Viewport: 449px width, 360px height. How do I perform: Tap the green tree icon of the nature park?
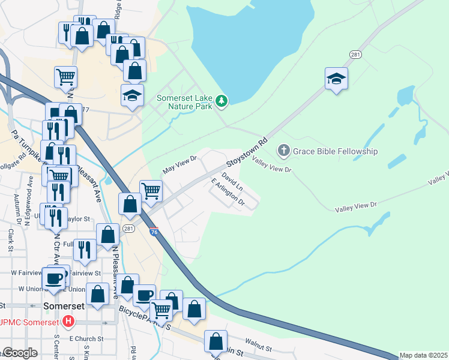222,100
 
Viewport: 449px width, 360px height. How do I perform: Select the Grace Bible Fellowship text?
336,151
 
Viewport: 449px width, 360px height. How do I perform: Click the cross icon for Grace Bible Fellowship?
283,151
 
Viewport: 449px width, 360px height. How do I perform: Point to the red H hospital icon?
68,322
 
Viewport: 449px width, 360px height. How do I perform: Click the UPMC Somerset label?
30,322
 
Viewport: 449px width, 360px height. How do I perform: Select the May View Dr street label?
180,163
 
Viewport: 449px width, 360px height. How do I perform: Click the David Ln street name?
232,181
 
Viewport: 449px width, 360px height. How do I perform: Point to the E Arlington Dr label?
228,192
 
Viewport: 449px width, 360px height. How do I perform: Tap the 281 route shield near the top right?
355,55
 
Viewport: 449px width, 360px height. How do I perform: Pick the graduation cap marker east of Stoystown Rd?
337,78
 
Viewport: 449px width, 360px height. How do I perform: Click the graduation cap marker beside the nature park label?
132,95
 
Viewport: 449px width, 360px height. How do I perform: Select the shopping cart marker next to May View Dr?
151,191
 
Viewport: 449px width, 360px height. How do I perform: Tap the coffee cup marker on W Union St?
53,278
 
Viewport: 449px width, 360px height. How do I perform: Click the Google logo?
19,353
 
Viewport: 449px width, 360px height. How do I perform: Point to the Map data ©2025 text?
424,355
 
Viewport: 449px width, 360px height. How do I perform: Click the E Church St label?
83,339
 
